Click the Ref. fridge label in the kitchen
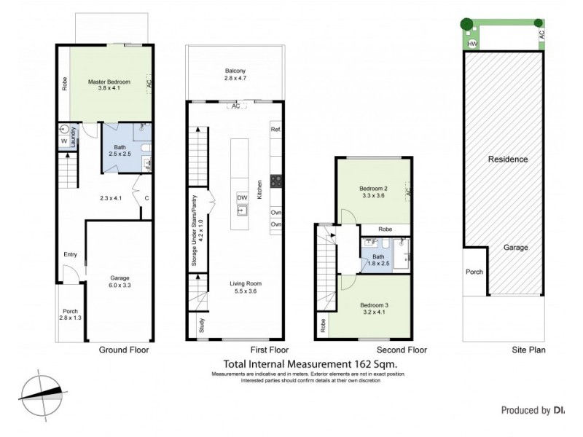tap(275, 130)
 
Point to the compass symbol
tap(42, 390)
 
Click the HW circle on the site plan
tap(472, 44)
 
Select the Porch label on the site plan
tap(474, 274)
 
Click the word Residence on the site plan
tap(507, 159)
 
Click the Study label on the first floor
tap(200, 327)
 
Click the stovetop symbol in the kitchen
tap(276, 181)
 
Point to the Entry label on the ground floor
tap(70, 254)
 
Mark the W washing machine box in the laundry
tap(63, 141)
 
